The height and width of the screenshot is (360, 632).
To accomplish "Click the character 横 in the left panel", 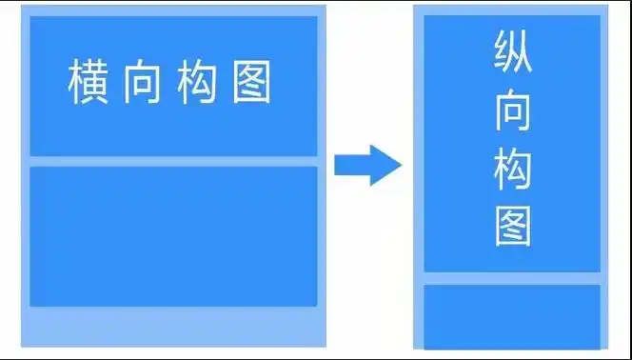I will tap(88, 83).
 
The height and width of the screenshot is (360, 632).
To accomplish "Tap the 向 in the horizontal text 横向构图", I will tap(141, 83).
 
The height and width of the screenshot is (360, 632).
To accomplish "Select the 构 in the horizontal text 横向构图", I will tap(196, 83).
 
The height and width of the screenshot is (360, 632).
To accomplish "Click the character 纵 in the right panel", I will tap(512, 55).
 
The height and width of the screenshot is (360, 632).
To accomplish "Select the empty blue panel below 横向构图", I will tap(173, 236).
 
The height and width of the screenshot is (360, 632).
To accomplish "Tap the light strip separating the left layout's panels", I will tap(173, 161).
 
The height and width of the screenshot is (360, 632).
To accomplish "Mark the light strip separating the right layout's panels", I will tap(512, 278).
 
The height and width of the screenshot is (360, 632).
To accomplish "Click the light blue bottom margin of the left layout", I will tap(173, 326).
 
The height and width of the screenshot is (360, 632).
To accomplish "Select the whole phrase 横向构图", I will tap(169, 83).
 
